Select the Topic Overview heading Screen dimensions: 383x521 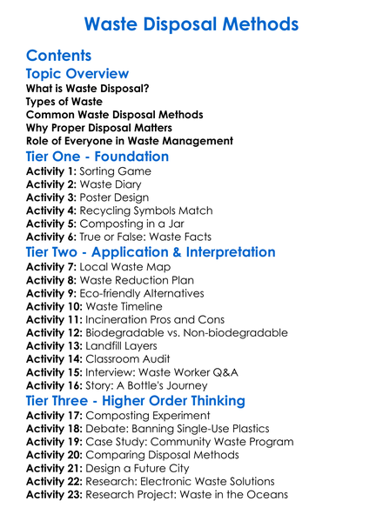77,74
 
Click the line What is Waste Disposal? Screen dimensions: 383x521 87,89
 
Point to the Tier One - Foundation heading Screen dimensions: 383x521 97,157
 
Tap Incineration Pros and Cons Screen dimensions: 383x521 157,319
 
